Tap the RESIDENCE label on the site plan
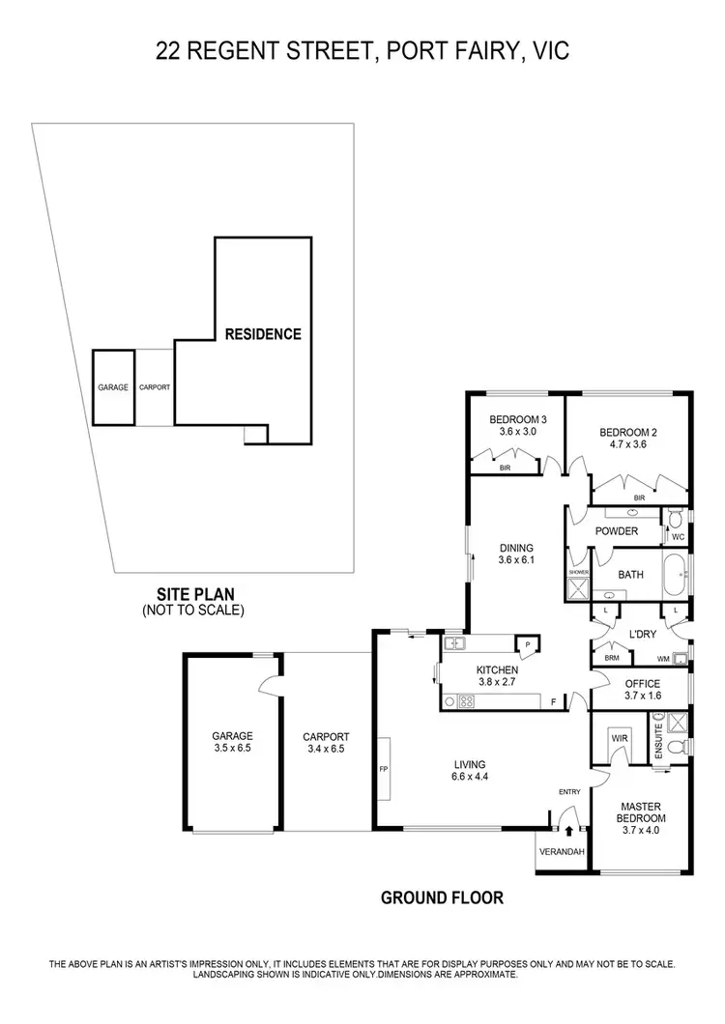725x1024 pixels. (263, 334)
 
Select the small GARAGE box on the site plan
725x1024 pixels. (113, 387)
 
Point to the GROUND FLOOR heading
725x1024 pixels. (442, 897)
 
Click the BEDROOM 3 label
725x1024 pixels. (518, 419)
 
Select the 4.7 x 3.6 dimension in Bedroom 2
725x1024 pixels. (627, 445)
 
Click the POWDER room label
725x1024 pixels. (616, 531)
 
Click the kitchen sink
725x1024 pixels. (453, 642)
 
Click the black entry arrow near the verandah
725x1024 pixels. (569, 829)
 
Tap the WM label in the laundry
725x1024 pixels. (663, 660)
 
